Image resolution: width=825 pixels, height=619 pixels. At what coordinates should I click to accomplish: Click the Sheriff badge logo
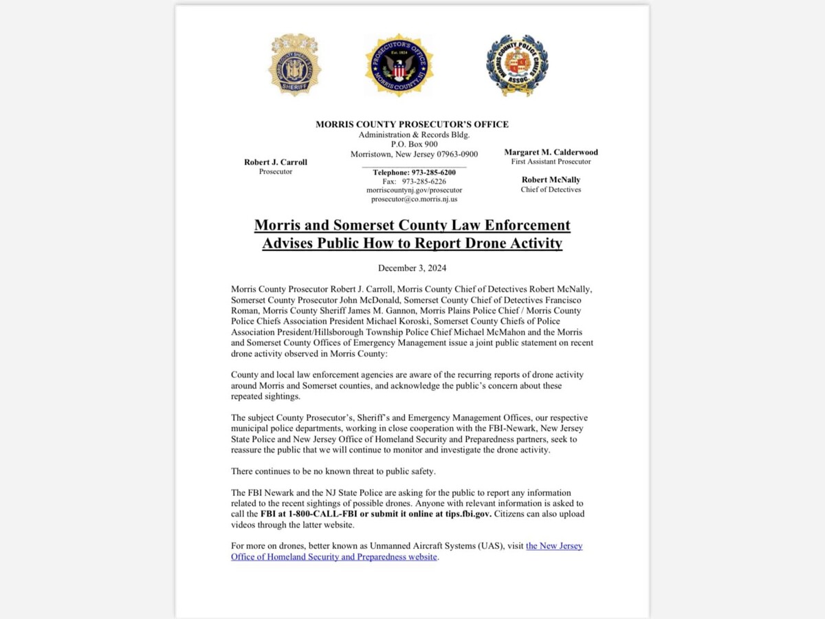coord(294,66)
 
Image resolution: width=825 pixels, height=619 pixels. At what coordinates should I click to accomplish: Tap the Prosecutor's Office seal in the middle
coord(399,65)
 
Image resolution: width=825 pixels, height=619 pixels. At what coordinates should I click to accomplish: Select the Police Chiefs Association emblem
coord(516,66)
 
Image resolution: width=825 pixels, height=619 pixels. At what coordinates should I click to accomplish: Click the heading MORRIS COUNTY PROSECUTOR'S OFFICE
coord(412,124)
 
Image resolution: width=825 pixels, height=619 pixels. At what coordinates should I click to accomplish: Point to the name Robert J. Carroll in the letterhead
coord(276,162)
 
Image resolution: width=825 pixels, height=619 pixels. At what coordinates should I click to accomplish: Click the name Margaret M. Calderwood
coord(551,152)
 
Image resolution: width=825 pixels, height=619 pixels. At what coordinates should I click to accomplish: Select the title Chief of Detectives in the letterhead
coord(551,190)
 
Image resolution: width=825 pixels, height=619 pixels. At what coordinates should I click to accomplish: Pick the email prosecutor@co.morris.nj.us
coord(414,199)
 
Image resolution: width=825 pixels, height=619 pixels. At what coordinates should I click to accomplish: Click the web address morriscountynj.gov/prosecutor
coord(414,191)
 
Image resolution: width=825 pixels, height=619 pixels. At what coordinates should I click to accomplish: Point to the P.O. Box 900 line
coord(414,144)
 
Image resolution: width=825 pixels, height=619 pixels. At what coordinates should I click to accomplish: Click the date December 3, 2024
coord(412,268)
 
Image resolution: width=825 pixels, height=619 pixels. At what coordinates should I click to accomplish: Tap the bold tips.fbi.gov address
coord(463,514)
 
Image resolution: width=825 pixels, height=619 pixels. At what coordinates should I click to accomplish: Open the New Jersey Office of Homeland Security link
coord(553,546)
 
